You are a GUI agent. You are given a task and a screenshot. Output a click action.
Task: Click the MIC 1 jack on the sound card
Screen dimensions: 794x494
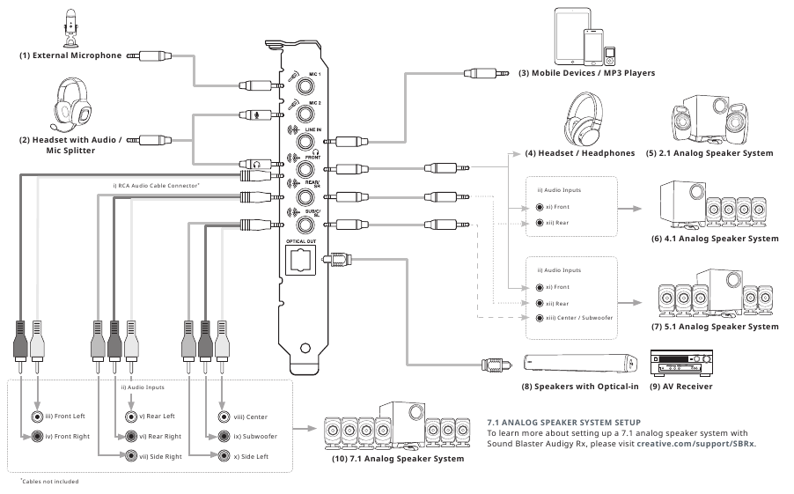(305, 85)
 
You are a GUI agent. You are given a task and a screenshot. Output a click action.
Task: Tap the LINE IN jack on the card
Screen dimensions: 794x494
(305, 142)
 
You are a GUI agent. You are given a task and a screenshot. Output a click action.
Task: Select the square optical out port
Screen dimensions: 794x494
(300, 261)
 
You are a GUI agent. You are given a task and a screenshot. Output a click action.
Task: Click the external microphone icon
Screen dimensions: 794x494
(71, 28)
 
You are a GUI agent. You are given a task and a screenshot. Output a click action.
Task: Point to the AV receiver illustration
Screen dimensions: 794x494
(681, 363)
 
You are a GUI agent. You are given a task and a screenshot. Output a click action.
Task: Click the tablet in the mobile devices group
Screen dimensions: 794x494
(572, 36)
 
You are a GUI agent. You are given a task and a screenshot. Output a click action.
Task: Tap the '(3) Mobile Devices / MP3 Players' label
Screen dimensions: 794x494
(586, 73)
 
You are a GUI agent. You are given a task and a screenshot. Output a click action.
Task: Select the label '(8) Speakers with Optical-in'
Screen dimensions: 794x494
(580, 387)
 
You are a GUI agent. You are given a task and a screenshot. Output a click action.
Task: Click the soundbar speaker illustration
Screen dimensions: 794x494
(580, 363)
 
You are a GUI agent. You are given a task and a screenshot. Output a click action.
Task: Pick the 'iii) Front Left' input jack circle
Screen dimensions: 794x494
(37, 417)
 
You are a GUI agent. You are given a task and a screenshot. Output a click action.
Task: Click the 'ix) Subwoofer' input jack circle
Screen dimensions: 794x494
(224, 436)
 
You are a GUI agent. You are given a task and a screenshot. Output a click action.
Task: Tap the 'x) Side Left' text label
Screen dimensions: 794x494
(251, 456)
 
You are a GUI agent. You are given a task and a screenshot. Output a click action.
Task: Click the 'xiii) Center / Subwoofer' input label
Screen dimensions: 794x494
(579, 318)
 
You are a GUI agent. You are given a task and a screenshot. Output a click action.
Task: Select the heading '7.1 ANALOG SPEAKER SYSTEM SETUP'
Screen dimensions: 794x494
(563, 422)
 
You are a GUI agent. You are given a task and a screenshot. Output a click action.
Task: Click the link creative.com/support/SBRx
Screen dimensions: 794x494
(695, 444)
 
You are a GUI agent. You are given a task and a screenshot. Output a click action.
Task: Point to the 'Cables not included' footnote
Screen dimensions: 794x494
(49, 482)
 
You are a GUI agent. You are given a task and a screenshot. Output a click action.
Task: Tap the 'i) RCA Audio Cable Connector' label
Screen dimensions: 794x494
(156, 186)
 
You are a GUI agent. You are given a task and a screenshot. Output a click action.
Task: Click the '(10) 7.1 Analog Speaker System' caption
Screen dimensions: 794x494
(398, 459)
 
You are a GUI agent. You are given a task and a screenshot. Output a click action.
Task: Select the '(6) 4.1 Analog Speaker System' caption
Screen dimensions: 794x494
(715, 238)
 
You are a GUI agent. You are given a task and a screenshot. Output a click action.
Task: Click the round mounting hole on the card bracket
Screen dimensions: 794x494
(305, 348)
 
